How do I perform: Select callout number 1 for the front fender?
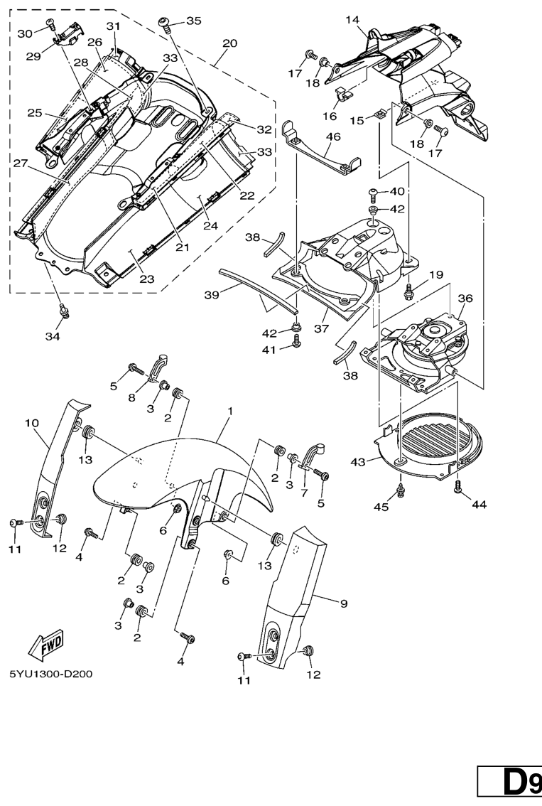click(x=230, y=412)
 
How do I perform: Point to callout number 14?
click(x=353, y=20)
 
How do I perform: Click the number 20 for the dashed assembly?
click(x=229, y=43)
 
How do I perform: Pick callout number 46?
click(x=333, y=136)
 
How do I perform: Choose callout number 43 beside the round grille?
click(x=357, y=462)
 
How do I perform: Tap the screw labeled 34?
click(x=65, y=309)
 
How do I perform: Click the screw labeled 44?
click(x=458, y=485)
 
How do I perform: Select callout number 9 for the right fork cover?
click(x=343, y=603)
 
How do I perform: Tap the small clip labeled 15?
click(x=381, y=112)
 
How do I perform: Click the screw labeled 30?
click(x=50, y=23)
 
